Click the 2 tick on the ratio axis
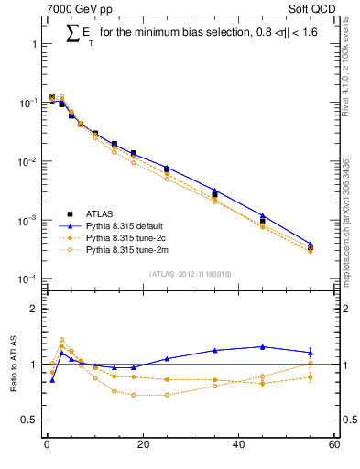[x=34, y=309]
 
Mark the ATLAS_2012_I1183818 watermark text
[x=191, y=273]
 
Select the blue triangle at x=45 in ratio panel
[x=263, y=346]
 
